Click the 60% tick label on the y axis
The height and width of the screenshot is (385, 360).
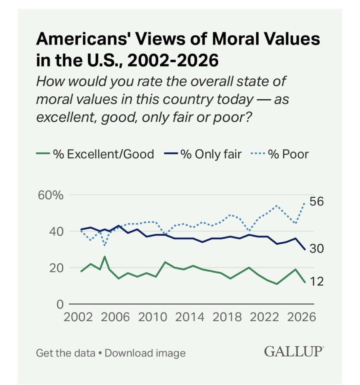51,196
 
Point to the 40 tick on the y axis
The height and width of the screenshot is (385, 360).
56,231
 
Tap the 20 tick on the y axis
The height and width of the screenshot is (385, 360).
56,268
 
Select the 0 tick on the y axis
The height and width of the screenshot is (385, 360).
60,304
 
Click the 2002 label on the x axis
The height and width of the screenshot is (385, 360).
78,317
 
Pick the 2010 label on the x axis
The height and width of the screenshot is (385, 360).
153,317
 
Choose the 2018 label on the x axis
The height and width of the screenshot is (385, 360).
227,317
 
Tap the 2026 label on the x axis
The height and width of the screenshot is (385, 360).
301,317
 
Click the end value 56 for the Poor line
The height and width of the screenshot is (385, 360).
317,201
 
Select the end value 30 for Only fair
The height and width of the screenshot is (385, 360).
317,249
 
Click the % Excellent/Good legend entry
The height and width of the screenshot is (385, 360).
95,154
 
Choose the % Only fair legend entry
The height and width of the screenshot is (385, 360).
203,154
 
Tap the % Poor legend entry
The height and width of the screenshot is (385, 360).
280,154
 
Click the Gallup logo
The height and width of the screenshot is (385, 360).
294,351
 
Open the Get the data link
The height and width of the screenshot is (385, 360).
65,353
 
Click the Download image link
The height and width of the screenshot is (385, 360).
145,353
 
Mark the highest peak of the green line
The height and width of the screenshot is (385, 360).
105,257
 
